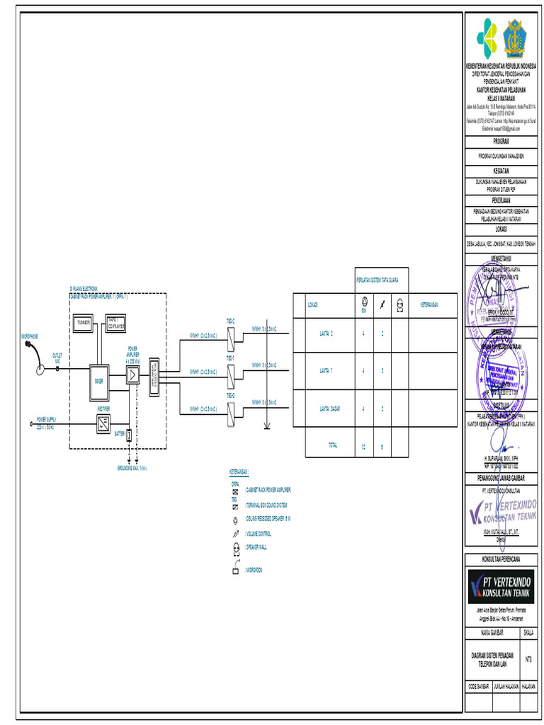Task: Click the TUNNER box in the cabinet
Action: coord(84,324)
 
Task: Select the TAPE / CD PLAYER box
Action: coord(115,324)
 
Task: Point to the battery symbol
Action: coord(129,435)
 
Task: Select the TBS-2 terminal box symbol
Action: coord(231,339)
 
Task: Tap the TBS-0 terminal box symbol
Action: coord(231,413)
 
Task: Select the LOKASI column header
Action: coord(312,305)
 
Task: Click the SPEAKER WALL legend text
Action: coord(256,547)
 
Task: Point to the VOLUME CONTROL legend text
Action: coord(258,533)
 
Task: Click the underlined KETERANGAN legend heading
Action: coord(239,472)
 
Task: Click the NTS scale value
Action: coord(528,659)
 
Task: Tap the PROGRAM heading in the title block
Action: coord(501,142)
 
